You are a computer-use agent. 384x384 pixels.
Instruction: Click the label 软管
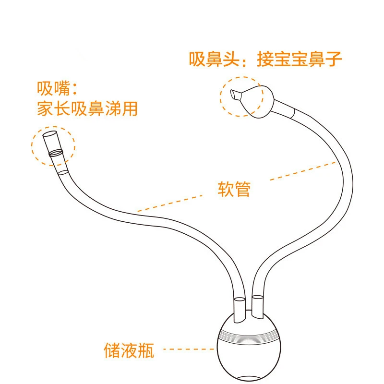234,189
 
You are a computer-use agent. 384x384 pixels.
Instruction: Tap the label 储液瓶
129,350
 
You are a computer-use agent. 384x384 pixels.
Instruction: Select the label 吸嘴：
57,88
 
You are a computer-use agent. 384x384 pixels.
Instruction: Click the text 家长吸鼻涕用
87,108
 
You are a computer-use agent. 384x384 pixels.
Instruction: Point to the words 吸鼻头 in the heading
214,59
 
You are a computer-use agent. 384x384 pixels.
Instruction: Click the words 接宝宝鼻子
299,59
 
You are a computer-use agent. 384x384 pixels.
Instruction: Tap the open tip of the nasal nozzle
234,95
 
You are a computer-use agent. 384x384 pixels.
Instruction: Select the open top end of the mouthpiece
50,134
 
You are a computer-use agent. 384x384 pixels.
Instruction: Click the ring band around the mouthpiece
56,153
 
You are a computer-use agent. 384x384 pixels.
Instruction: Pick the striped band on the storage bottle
249,335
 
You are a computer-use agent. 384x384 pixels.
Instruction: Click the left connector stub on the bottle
240,309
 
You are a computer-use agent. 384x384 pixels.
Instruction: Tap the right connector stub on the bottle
257,307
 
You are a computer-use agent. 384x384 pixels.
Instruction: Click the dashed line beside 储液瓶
189,349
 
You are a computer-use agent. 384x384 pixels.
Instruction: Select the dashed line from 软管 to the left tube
170,203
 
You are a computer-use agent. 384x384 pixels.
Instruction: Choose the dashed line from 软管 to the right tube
303,171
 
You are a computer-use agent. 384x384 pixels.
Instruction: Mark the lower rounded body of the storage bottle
249,360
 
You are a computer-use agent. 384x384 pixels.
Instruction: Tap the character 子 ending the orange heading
333,59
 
